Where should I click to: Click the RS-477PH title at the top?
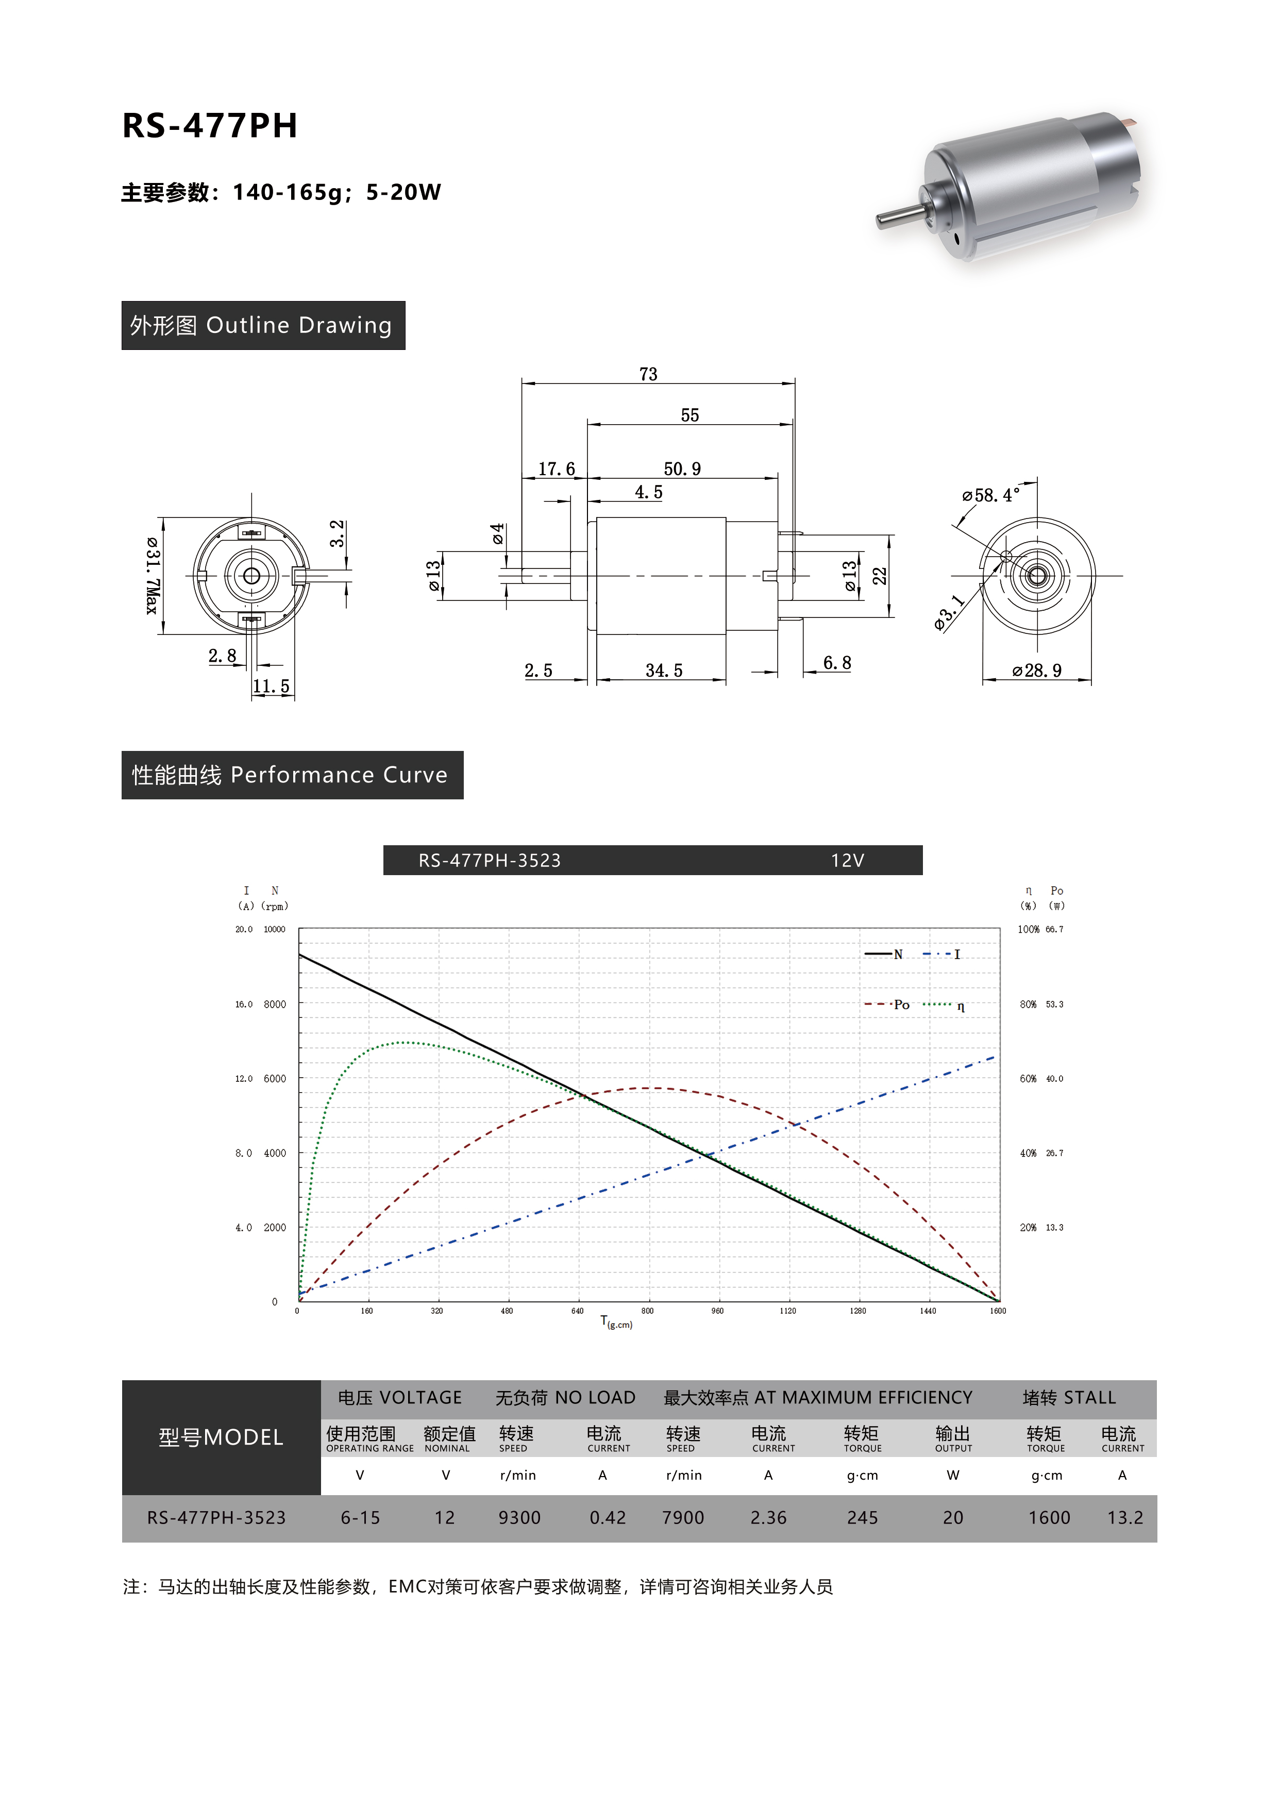(209, 126)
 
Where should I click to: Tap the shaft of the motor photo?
(898, 216)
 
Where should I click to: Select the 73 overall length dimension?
(648, 374)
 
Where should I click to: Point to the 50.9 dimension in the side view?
(682, 470)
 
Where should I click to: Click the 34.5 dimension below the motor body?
(664, 671)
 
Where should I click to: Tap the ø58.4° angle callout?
(990, 495)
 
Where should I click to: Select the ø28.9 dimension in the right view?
(1037, 671)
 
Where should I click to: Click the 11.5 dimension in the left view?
(272, 687)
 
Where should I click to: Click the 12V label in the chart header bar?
(847, 861)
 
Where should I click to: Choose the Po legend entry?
(900, 1005)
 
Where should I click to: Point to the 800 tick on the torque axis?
(647, 1311)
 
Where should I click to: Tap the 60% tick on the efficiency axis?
(1028, 1079)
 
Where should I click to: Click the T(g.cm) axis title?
(616, 1323)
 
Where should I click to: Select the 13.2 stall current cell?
(1124, 1518)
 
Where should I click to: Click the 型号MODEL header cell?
(221, 1438)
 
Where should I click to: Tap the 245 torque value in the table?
(862, 1518)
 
